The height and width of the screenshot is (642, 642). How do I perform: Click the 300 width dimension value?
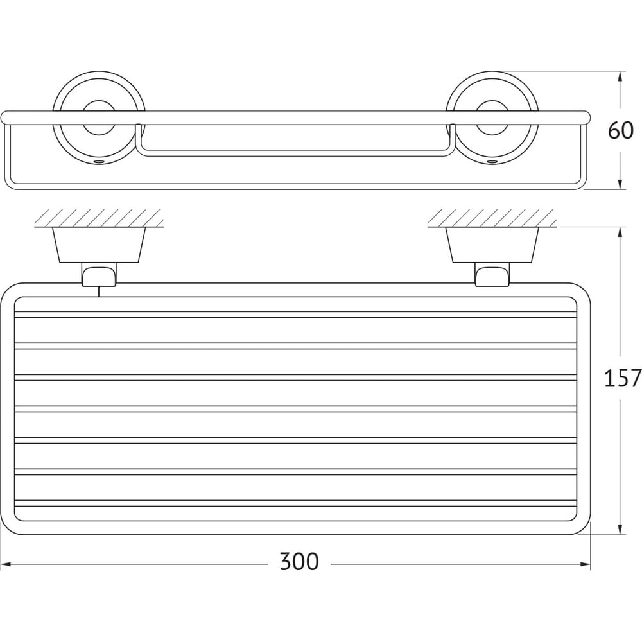point(299,562)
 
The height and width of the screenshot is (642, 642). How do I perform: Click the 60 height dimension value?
point(621,131)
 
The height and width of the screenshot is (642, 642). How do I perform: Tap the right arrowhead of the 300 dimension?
point(586,564)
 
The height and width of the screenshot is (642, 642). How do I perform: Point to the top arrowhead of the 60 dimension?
point(621,77)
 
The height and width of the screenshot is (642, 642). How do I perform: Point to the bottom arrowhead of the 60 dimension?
point(621,184)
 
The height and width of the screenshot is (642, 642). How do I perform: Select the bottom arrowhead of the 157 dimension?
point(621,529)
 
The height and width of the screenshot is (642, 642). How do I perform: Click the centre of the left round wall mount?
point(99,118)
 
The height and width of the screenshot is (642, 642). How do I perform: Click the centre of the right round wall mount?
point(492,118)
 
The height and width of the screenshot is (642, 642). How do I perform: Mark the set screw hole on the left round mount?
point(99,162)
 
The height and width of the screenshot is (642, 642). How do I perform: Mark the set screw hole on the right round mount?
point(492,162)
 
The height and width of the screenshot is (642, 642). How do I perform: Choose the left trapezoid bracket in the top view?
point(99,245)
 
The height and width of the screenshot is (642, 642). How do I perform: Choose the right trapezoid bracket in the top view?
point(492,245)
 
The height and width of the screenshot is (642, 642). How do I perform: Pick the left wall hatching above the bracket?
point(99,218)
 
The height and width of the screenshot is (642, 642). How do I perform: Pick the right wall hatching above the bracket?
point(492,218)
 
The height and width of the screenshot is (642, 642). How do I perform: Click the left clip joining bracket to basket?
point(99,274)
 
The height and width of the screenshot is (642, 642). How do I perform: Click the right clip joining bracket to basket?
point(492,274)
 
